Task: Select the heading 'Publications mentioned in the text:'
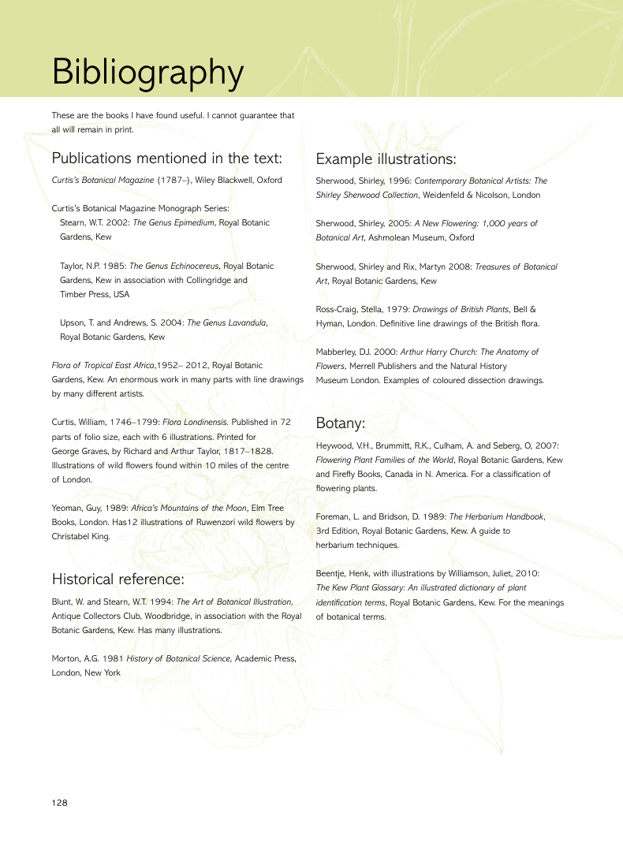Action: click(x=166, y=158)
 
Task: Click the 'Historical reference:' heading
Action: click(x=118, y=579)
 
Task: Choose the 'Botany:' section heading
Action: click(x=340, y=423)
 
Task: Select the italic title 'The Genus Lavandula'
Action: click(x=227, y=322)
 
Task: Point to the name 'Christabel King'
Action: click(x=80, y=536)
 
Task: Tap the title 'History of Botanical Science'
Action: click(x=179, y=658)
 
